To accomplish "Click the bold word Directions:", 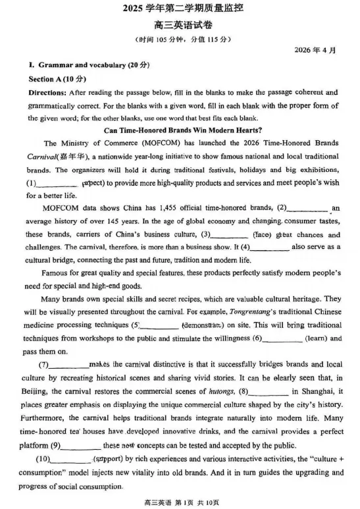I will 47,93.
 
